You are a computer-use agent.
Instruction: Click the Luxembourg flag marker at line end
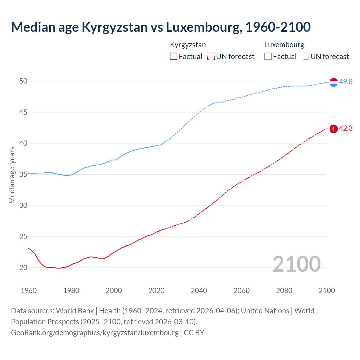point(334,82)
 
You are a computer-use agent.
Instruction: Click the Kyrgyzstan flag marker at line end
point(334,129)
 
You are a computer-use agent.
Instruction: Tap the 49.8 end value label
point(346,82)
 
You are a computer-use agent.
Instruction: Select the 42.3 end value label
point(346,129)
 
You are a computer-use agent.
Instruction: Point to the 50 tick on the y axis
point(23,81)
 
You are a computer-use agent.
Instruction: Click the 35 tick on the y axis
point(23,174)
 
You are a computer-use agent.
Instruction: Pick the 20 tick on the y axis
point(23,267)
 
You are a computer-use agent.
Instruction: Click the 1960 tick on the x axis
point(29,291)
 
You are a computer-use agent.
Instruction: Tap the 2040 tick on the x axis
point(199,291)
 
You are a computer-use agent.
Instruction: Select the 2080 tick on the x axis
point(284,291)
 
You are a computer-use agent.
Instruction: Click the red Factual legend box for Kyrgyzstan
point(174,57)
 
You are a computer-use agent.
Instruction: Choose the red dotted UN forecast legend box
point(211,57)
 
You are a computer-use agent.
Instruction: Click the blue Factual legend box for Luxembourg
point(268,57)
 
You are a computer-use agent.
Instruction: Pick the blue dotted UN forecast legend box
point(305,57)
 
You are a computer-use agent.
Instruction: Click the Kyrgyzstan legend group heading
point(188,45)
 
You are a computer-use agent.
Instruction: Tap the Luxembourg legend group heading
point(284,45)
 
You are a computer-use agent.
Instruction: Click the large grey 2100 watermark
point(296,264)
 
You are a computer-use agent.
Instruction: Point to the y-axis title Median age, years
point(12,175)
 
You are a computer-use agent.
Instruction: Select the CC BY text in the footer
point(194,333)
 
